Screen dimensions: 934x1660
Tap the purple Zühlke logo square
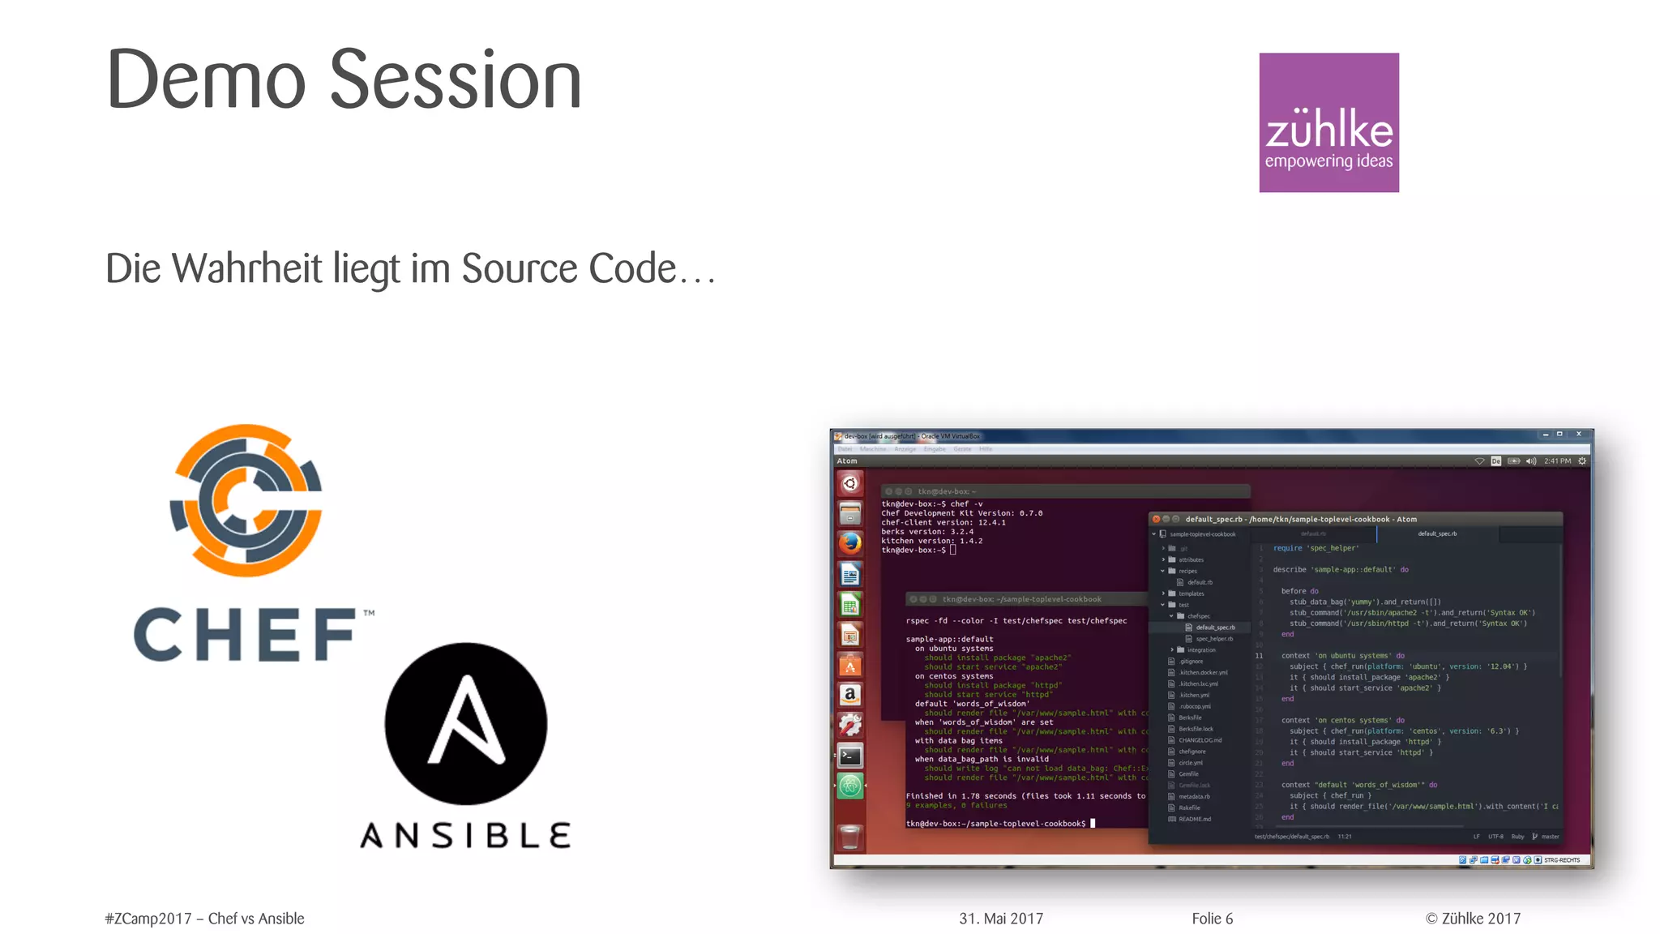pyautogui.click(x=1328, y=122)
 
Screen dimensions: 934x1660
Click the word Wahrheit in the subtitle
pyautogui.click(x=247, y=268)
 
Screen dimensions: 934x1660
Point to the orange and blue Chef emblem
pyautogui.click(x=246, y=500)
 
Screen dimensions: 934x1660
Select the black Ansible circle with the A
pyautogui.click(x=466, y=723)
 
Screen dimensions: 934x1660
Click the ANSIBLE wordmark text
pyautogui.click(x=466, y=836)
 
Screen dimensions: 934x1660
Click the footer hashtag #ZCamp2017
pyautogui.click(x=148, y=919)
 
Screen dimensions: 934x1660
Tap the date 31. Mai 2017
pyautogui.click(x=1001, y=919)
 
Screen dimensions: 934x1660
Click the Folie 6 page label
pyautogui.click(x=1212, y=919)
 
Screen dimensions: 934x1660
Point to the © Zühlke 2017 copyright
pyautogui.click(x=1473, y=919)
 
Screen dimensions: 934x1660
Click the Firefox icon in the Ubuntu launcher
pyautogui.click(x=849, y=543)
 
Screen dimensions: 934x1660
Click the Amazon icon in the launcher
pyautogui.click(x=849, y=695)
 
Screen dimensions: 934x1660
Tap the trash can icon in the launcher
pyautogui.click(x=849, y=837)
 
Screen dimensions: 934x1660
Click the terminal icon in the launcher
pyautogui.click(x=849, y=756)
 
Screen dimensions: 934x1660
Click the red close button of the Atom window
pyautogui.click(x=1156, y=519)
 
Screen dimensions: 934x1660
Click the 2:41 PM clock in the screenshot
pyautogui.click(x=1557, y=461)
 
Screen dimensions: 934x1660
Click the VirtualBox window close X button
pyautogui.click(x=1578, y=435)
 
